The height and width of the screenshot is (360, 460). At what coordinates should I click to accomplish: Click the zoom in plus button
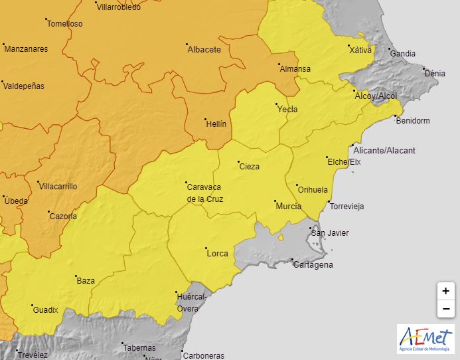[445, 291]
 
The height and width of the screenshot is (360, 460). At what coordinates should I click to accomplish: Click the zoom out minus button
[445, 309]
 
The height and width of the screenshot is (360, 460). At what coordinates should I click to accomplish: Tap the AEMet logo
[425, 339]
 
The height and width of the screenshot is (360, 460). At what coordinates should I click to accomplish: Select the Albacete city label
[204, 49]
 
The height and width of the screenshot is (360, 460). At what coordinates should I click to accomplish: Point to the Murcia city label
[288, 206]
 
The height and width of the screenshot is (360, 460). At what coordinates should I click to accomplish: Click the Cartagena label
[313, 264]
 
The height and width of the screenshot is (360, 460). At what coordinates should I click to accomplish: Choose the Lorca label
[218, 253]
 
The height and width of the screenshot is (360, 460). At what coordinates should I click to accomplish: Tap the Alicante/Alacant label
[384, 150]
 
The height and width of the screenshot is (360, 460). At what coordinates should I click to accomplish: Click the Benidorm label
[412, 121]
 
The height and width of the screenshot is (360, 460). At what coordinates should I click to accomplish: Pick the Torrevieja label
[346, 206]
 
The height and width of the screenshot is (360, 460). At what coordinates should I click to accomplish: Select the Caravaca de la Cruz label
[205, 192]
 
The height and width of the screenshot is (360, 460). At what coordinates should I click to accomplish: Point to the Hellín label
[216, 124]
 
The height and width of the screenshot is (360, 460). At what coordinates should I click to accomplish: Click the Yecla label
[288, 109]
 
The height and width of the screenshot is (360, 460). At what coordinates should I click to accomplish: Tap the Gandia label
[402, 53]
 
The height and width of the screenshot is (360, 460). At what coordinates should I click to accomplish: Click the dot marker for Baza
[76, 276]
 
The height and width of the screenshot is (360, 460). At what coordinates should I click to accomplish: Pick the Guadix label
[45, 310]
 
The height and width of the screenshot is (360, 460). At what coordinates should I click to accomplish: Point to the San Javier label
[330, 232]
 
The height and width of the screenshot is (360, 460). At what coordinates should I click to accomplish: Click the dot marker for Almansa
[278, 64]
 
